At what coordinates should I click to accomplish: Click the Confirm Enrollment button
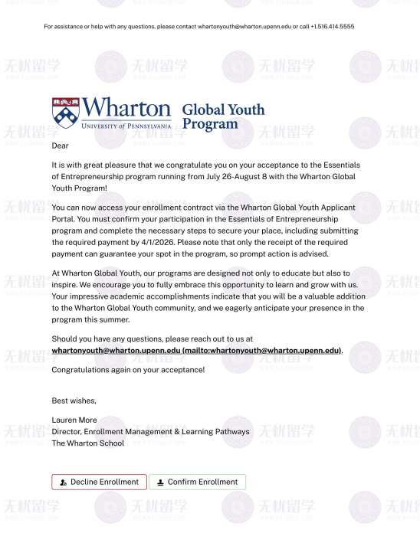pos(197,482)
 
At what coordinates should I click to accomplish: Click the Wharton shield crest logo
pos(65,112)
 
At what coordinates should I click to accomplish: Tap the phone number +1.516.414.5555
pos(333,27)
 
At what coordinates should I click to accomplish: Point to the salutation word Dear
pos(60,145)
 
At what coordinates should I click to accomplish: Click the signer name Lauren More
pos(74,420)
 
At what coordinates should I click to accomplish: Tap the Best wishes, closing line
pos(74,401)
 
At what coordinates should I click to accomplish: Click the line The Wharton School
pos(87,443)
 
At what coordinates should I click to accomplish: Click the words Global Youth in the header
pos(223,110)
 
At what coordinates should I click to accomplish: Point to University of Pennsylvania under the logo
pos(126,125)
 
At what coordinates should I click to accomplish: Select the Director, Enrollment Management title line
pos(150,431)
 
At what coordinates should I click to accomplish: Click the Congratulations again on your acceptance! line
pos(128,370)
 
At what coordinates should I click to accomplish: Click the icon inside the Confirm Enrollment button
pos(160,482)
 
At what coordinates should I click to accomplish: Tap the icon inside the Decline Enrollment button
pos(63,482)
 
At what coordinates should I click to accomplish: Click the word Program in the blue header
pos(210,124)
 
